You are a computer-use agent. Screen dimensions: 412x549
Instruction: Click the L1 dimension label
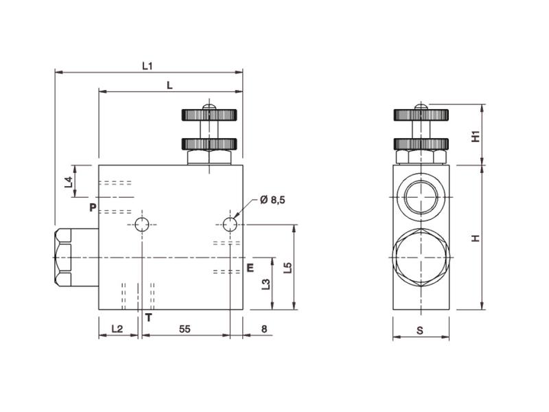point(147,66)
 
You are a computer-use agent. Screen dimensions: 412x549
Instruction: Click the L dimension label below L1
point(170,84)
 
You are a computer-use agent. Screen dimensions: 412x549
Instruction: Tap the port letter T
point(148,317)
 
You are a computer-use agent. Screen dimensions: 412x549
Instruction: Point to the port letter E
point(250,267)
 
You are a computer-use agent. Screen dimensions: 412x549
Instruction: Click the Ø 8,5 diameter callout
point(272,200)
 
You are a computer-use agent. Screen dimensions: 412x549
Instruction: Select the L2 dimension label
point(117,330)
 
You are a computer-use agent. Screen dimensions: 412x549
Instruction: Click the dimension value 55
point(184,330)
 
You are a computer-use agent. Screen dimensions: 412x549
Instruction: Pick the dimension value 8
point(264,330)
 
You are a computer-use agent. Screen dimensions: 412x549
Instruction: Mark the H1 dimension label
point(475,136)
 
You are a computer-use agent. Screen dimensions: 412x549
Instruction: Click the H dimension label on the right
point(475,238)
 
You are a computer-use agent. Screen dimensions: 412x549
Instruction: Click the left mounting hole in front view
point(142,225)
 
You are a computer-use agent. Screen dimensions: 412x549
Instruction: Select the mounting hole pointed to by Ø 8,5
point(230,225)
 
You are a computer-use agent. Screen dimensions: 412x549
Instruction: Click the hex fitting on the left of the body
point(62,257)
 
